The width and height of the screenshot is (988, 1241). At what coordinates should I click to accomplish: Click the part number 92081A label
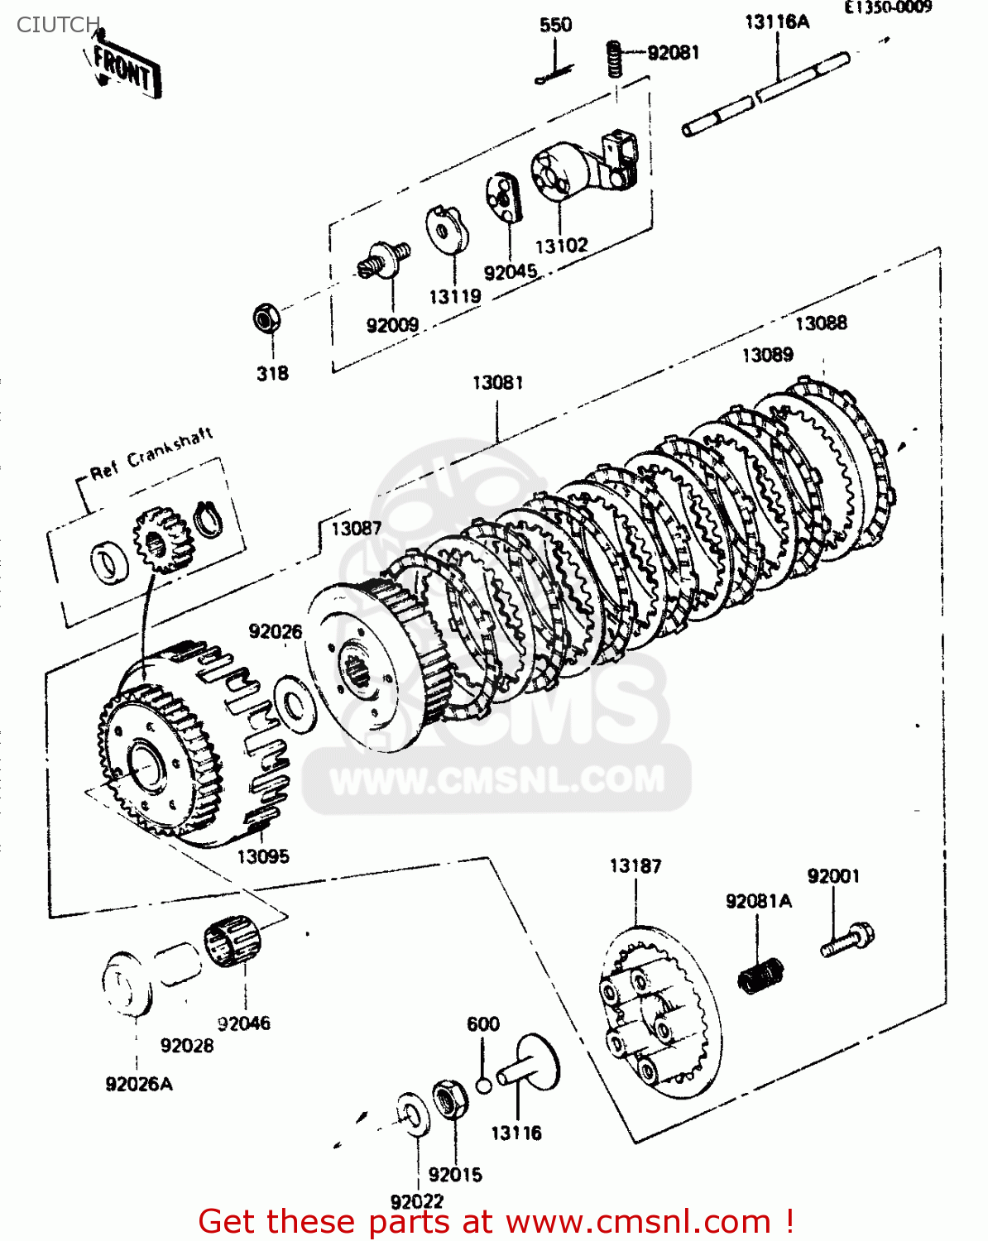tap(758, 901)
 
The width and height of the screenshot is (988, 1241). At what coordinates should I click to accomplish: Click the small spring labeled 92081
tap(614, 59)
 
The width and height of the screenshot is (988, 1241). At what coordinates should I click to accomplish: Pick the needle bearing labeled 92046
tap(233, 942)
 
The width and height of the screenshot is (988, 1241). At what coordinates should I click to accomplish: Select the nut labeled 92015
tap(450, 1100)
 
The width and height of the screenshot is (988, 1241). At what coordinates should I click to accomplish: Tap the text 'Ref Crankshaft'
tap(151, 453)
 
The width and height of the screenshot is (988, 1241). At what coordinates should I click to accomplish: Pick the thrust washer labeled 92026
tap(294, 702)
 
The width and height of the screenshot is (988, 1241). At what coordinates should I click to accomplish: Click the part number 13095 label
tap(263, 856)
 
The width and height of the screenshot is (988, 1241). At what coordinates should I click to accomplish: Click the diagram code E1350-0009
tap(887, 7)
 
